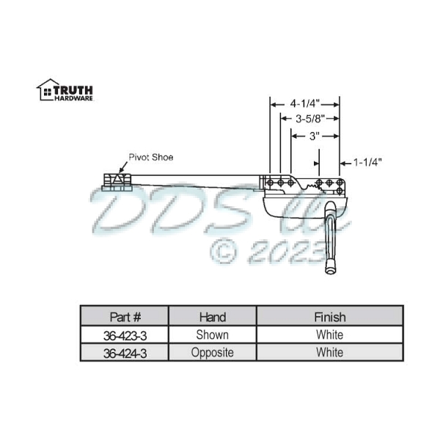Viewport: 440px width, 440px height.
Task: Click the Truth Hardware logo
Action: (x=65, y=89)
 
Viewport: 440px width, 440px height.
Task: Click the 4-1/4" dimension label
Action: (x=304, y=103)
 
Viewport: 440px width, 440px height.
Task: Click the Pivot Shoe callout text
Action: (x=151, y=157)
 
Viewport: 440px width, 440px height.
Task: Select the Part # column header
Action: (x=125, y=318)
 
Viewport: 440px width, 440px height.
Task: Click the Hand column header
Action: (x=213, y=318)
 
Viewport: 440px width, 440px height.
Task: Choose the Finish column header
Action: (x=329, y=318)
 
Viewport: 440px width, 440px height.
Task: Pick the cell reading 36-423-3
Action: (x=125, y=335)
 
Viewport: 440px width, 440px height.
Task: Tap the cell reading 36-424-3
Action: (x=125, y=353)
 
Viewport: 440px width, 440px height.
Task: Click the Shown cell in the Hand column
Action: (x=213, y=335)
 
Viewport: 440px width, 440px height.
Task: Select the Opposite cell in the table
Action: (x=213, y=353)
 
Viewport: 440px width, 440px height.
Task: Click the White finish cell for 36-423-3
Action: (x=329, y=335)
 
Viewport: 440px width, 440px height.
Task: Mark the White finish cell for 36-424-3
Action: (x=329, y=353)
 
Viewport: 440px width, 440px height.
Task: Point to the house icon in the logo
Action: (x=45, y=89)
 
